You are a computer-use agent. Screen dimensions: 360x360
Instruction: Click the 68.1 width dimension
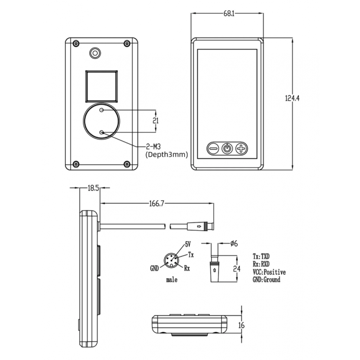229,14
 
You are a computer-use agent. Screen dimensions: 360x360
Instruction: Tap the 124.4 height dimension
292,98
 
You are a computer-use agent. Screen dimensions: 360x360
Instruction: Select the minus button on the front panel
213,149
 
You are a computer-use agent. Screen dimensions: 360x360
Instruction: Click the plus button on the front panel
241,149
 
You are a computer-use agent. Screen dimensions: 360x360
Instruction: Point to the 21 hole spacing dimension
156,120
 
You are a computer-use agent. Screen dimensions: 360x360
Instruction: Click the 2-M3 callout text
153,147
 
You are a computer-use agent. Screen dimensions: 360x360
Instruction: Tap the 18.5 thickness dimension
94,188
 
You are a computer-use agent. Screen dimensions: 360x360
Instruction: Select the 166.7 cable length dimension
157,203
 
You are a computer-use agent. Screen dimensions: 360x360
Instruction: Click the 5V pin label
188,244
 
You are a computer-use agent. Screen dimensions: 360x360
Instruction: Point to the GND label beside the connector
154,268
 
